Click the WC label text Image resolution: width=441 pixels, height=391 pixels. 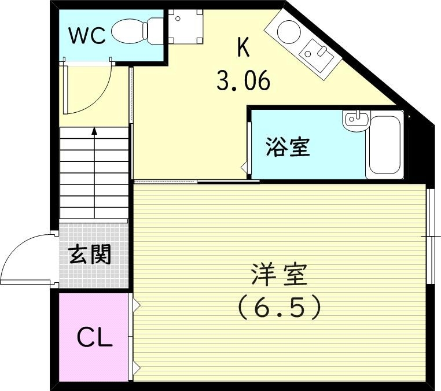(87, 36)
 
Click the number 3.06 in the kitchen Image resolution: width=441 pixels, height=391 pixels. (243, 81)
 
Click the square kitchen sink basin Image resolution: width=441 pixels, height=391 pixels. (318, 54)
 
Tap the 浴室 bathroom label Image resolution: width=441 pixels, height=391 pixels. (288, 147)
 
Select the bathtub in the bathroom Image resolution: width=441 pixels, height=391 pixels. (384, 145)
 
